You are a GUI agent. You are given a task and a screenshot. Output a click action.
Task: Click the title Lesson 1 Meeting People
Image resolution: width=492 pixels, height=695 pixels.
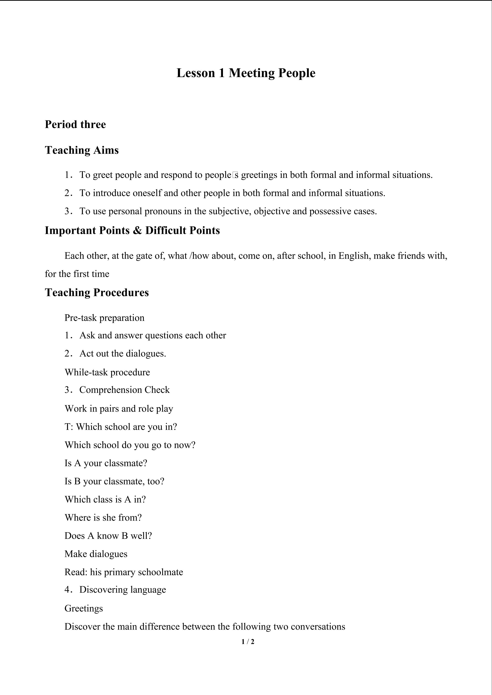pos(246,73)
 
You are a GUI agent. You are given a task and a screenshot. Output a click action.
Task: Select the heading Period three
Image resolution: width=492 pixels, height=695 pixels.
pos(75,124)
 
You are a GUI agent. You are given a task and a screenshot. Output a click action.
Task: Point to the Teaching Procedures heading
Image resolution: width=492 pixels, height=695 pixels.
pos(97,292)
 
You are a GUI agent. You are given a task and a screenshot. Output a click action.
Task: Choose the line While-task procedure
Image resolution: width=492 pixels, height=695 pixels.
pos(107,372)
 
